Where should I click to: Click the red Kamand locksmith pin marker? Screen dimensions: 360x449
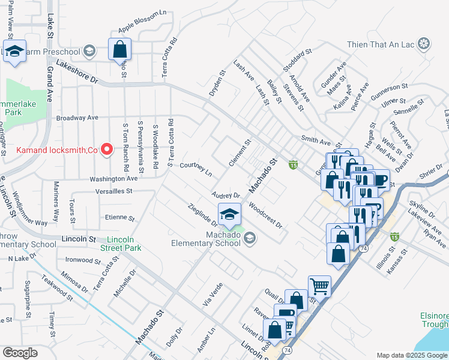click(x=107, y=149)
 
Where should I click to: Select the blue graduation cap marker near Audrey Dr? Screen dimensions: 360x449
click(x=229, y=215)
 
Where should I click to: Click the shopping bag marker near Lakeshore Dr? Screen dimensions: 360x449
click(x=119, y=49)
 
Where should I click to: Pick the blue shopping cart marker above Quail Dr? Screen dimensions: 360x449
click(x=319, y=286)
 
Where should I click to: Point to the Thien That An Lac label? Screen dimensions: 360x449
click(x=381, y=44)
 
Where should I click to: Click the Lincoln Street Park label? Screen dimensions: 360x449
click(x=121, y=244)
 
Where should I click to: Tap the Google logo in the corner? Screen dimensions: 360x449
click(x=20, y=353)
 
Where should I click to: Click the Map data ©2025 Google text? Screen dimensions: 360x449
click(x=412, y=355)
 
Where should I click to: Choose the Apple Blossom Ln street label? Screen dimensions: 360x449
click(x=142, y=29)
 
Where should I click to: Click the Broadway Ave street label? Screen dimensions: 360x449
click(x=77, y=118)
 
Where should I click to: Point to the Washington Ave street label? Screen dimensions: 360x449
click(x=113, y=179)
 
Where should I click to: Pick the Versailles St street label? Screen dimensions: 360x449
click(x=113, y=191)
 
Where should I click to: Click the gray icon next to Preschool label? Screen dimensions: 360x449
click(x=89, y=50)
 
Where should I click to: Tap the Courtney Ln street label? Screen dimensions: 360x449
click(x=196, y=169)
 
